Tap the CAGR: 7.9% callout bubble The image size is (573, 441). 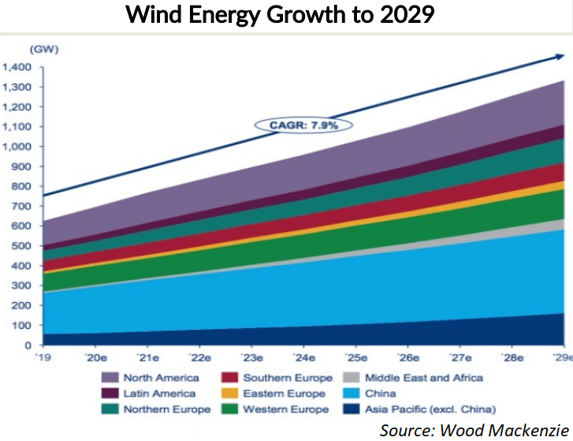click(x=303, y=125)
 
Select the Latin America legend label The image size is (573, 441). click(x=162, y=394)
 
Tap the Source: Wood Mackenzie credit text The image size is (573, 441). click(x=474, y=430)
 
